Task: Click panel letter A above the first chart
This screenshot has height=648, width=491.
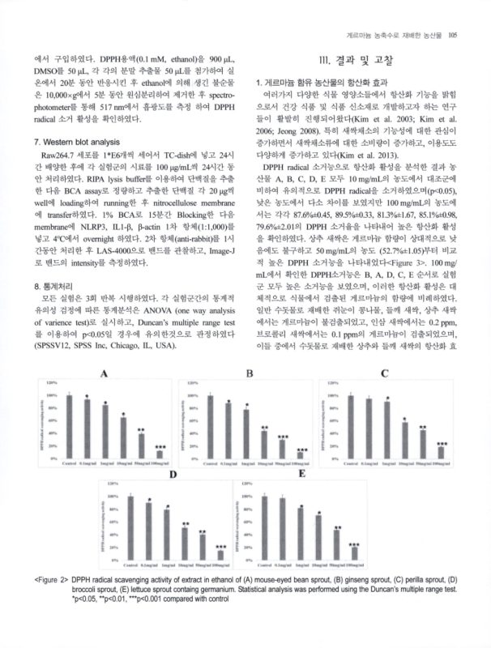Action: click(x=104, y=373)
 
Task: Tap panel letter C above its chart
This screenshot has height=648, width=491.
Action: click(x=383, y=373)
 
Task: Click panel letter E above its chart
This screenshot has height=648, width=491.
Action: click(x=301, y=471)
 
